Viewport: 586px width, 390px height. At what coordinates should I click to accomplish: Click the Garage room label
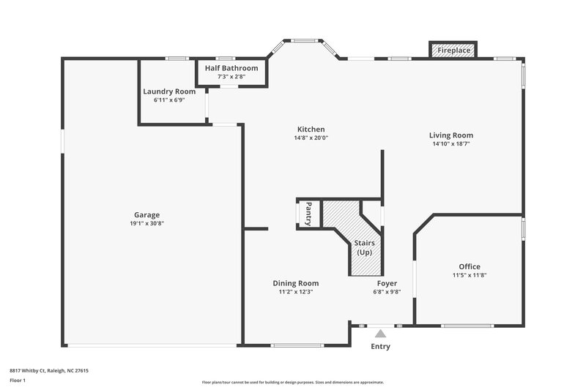(x=146, y=214)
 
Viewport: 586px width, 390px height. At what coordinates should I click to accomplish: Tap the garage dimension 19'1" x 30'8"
(x=146, y=223)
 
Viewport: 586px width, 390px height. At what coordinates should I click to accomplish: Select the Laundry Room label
(x=169, y=91)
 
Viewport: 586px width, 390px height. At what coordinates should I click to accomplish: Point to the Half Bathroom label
(x=231, y=68)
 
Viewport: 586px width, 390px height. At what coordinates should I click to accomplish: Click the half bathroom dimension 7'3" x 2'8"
(x=231, y=76)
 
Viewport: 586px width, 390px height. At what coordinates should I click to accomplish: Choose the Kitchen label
(x=311, y=130)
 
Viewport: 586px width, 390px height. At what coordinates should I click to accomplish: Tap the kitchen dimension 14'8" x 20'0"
(x=311, y=138)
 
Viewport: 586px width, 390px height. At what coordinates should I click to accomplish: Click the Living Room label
(x=450, y=135)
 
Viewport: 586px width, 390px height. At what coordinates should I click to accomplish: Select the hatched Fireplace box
(x=453, y=50)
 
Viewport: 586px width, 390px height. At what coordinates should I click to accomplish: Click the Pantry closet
(x=308, y=214)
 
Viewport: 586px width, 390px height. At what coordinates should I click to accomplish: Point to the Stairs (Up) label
(x=363, y=247)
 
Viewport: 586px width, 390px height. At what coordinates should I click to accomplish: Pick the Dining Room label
(x=295, y=283)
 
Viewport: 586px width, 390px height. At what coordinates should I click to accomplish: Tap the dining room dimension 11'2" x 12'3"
(x=295, y=292)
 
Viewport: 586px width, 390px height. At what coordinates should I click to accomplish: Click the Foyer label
(x=387, y=283)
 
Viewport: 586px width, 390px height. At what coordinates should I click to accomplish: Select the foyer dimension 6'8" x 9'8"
(x=387, y=292)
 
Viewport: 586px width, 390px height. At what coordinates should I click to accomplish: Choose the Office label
(x=470, y=266)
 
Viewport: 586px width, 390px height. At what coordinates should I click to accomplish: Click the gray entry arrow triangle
(x=380, y=334)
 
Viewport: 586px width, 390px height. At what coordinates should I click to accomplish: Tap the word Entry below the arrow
(x=380, y=346)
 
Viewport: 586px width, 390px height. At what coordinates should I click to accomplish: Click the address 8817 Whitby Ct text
(x=49, y=370)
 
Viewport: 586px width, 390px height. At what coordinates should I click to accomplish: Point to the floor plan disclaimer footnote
(x=292, y=382)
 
